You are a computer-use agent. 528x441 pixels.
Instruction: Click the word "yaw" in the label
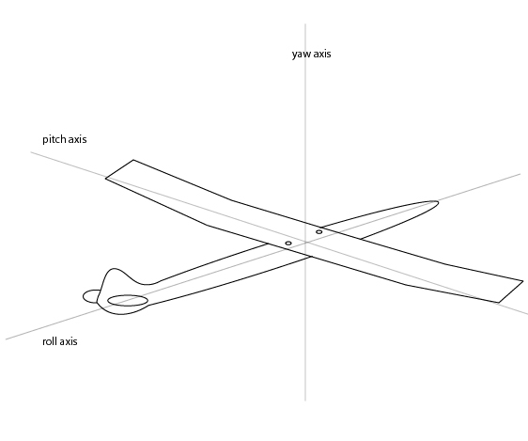[300, 55]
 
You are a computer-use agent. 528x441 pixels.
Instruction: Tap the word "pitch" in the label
[54, 139]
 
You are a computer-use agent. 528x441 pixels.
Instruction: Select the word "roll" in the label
[49, 341]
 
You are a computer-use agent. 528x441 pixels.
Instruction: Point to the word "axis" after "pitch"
[77, 139]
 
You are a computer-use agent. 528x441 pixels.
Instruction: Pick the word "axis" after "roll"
[68, 341]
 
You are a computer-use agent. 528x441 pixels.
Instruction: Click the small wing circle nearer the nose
[318, 232]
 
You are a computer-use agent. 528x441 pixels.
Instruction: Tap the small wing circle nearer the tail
[288, 244]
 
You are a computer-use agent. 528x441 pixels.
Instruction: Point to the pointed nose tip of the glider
[438, 202]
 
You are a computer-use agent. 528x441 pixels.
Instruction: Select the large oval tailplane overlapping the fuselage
[128, 301]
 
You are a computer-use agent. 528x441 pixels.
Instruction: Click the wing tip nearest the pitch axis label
[119, 169]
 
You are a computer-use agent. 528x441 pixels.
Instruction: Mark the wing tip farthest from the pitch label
[511, 291]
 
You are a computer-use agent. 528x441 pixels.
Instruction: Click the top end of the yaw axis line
[305, 24]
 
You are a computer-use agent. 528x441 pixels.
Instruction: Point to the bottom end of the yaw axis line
[305, 401]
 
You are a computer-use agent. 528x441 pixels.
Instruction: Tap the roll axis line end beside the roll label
[6, 339]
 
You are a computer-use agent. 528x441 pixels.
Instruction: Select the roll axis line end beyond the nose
[520, 174]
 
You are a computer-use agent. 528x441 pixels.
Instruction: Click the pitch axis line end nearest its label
[31, 152]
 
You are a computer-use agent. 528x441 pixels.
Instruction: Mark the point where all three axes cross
[305, 243]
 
